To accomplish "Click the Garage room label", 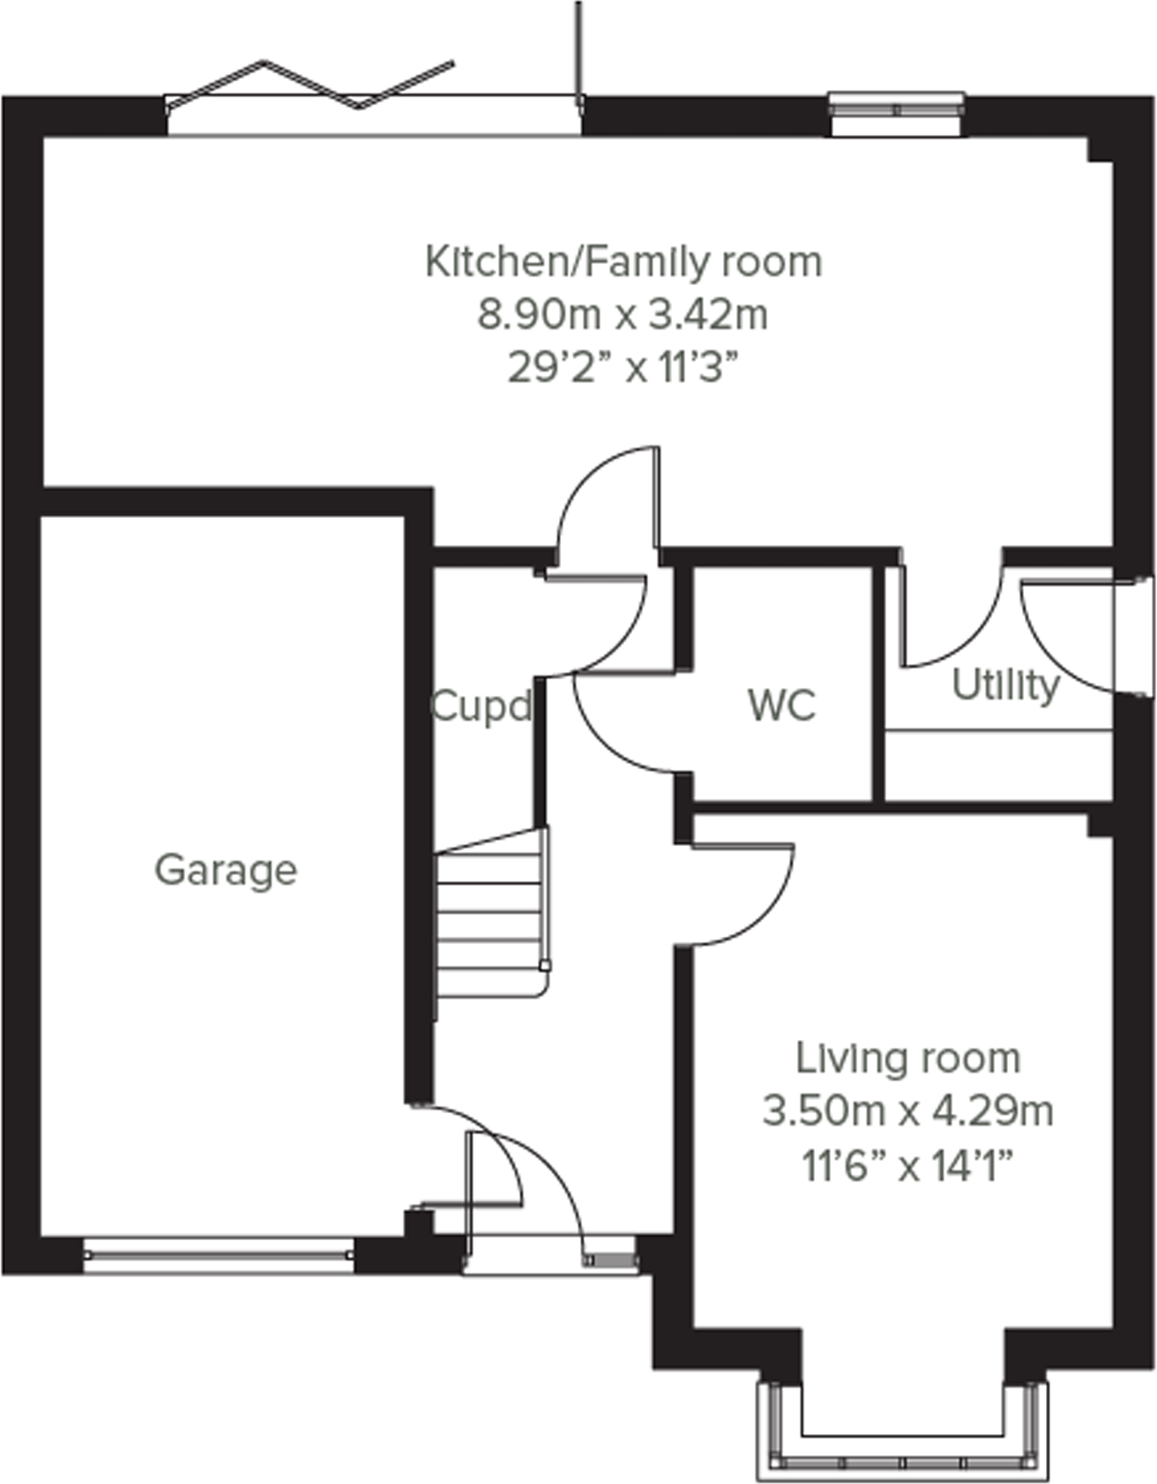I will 225,870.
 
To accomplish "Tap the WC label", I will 781,705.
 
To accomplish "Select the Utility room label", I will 1005,685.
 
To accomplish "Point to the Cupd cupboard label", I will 481,706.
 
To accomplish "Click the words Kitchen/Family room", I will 623,261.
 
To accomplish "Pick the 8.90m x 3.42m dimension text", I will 623,315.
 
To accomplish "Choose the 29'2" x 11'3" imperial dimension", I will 623,367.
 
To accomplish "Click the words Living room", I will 907,1059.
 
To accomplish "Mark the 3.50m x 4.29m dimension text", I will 907,1112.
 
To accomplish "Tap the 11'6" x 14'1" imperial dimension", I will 907,1166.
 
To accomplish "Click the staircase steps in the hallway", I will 490,916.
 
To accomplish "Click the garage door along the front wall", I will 219,1254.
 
